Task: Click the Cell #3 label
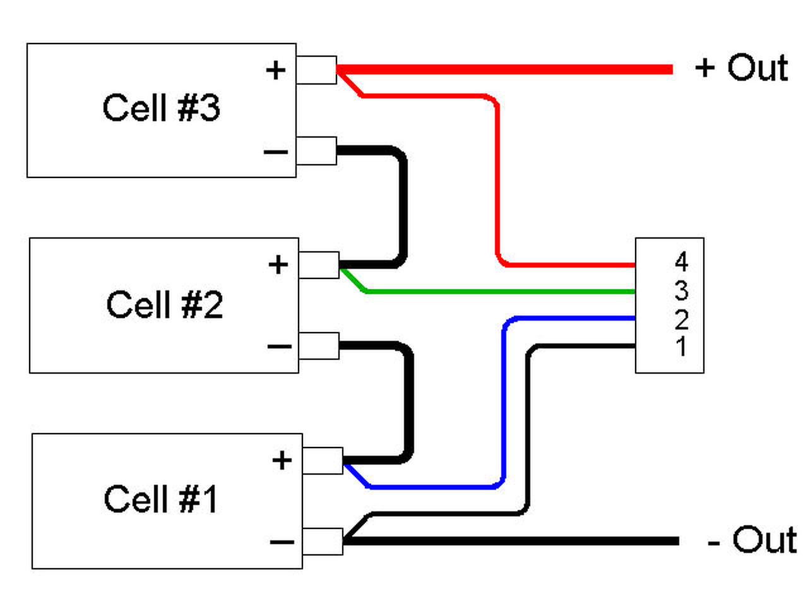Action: point(161,107)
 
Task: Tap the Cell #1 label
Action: point(160,499)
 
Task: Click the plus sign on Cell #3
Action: point(276,70)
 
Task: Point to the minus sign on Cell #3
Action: point(276,151)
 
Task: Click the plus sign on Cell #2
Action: point(278,264)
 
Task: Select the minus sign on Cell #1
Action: point(282,542)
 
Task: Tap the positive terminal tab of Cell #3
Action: point(316,70)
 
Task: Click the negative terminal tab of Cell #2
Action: point(319,346)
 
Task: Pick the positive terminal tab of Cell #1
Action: point(323,461)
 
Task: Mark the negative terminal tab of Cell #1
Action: point(323,542)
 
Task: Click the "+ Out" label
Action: point(741,68)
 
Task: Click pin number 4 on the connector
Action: point(681,261)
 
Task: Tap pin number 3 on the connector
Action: point(681,290)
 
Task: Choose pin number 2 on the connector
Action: point(681,319)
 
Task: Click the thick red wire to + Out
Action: point(504,69)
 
